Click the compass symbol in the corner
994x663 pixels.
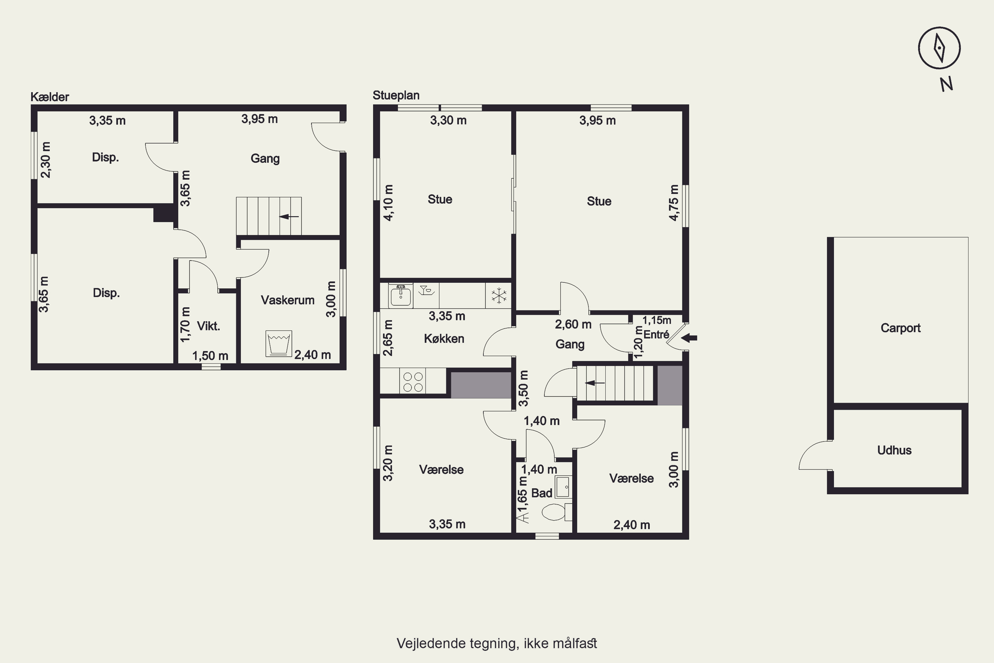click(939, 48)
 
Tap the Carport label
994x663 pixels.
click(901, 328)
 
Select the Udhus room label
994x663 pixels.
click(894, 450)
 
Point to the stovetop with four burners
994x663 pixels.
click(413, 382)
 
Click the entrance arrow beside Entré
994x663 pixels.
click(689, 338)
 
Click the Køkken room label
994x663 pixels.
click(444, 339)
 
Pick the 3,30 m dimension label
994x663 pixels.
click(448, 121)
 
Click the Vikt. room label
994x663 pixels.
click(208, 326)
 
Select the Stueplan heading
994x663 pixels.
click(396, 95)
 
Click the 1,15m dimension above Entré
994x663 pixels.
click(657, 320)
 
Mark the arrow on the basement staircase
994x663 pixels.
click(290, 216)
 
